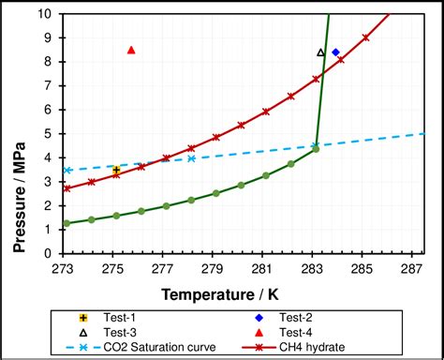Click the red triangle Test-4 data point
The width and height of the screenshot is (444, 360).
(x=131, y=50)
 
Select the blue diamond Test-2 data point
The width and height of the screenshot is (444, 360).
(x=335, y=52)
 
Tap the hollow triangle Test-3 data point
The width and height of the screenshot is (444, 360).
(x=320, y=53)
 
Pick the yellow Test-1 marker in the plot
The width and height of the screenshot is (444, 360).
(x=116, y=171)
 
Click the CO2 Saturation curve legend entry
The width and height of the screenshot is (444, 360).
(x=141, y=348)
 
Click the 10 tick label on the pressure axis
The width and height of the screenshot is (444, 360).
(x=46, y=15)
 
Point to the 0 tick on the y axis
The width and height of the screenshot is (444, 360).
(x=50, y=258)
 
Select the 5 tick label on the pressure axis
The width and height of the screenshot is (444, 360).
(x=50, y=136)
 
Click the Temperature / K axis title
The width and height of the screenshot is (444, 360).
(x=234, y=294)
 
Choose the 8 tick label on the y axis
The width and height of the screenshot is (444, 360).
(x=50, y=64)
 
